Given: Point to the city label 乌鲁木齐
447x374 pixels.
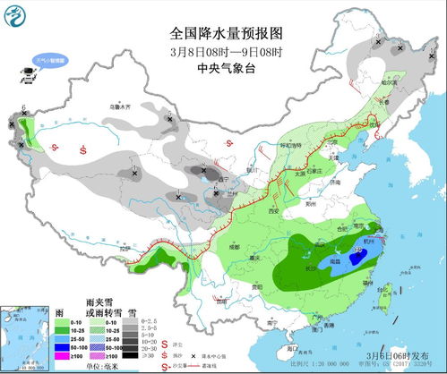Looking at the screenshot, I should pos(114,106).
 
